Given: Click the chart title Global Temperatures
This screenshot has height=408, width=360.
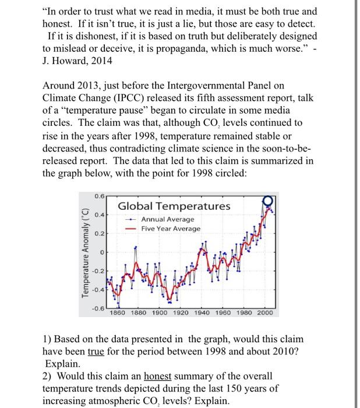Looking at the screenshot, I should [174, 206].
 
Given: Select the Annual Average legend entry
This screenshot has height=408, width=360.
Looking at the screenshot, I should [168, 220].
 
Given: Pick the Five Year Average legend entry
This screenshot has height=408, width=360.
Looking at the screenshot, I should [171, 229].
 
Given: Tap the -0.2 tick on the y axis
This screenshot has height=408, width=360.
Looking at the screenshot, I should [100, 271].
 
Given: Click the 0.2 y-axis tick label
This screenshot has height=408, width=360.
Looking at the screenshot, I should [100, 233].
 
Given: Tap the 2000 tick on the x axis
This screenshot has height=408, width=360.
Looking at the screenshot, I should [264, 312].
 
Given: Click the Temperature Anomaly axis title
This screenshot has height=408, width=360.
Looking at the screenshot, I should [87, 253].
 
